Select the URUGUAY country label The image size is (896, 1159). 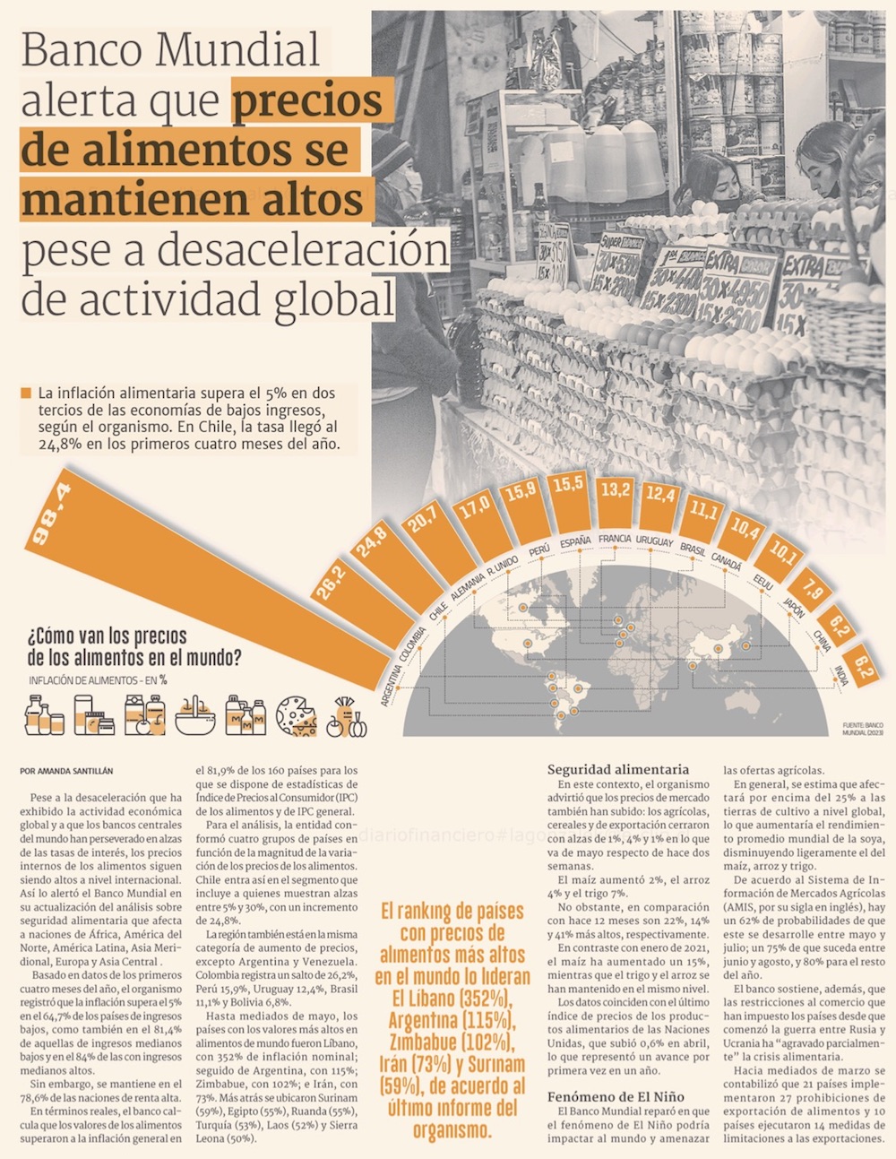pos(654,541)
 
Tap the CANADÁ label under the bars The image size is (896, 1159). pos(727,561)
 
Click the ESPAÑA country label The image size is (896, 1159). pos(575,542)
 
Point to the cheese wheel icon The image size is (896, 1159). pos(297,716)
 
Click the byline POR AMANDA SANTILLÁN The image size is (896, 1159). pos(66,771)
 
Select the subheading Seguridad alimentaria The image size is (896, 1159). pos(618,769)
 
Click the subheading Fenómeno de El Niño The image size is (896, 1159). pos(616,1096)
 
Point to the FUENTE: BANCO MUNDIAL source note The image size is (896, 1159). pos(862,728)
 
